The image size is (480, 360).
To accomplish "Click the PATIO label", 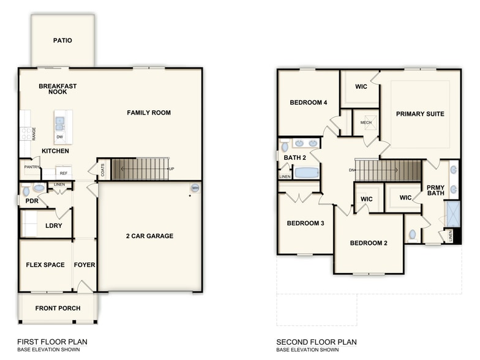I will tap(62, 40).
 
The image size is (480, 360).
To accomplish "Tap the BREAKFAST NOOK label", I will tap(58, 89).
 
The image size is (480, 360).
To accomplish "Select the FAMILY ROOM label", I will tap(149, 113).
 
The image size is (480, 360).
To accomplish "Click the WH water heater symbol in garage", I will tap(195, 188).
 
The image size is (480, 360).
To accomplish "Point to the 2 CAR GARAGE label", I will tap(149, 236).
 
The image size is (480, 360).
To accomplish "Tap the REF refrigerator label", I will tap(63, 173).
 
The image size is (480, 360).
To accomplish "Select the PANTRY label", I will tap(32, 167).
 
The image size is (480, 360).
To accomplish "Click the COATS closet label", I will tap(102, 169).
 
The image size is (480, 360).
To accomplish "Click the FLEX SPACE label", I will tap(45, 265).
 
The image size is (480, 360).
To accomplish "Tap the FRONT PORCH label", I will tap(58, 308).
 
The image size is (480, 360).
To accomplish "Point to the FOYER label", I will tap(84, 265).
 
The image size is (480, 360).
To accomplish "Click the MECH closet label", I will tap(366, 122).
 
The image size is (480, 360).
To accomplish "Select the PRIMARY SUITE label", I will tap(420, 114).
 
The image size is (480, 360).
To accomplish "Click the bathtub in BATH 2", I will tap(306, 173).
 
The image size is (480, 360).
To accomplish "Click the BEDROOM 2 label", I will tap(369, 243).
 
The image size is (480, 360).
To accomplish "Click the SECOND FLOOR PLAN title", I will tap(316, 342).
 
